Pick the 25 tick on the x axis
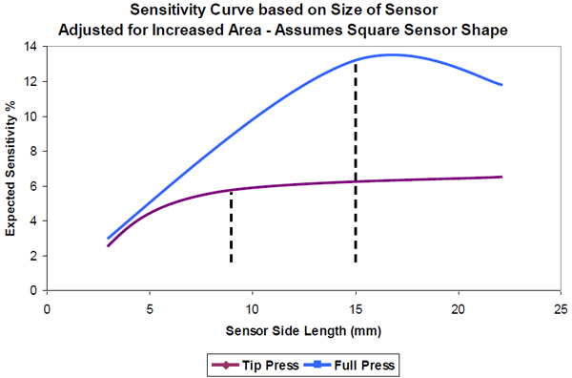click(x=561, y=308)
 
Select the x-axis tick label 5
click(x=150, y=308)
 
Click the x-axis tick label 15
click(x=356, y=308)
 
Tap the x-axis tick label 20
click(x=459, y=308)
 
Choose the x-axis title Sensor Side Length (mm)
click(x=303, y=331)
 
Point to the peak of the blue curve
click(x=392, y=54)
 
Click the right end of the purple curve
click(x=501, y=177)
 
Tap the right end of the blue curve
click(x=501, y=85)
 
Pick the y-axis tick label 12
click(x=34, y=81)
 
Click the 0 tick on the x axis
click(x=47, y=308)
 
